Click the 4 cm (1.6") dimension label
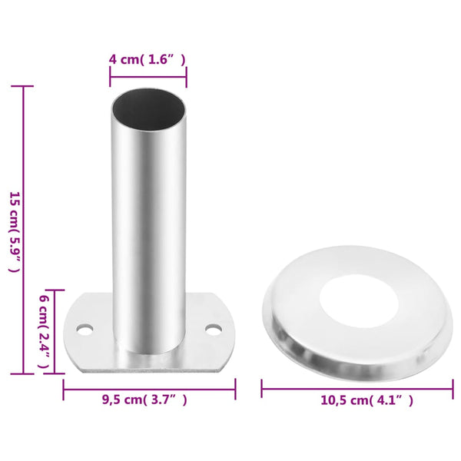(148, 58)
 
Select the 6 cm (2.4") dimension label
(44, 331)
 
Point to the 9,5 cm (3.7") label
(144, 400)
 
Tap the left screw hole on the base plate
(84, 329)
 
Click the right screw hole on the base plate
(213, 329)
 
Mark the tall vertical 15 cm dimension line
(23, 230)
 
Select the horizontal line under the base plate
(148, 389)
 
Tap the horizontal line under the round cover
(357, 389)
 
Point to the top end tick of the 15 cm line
(23, 86)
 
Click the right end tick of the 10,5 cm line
(453, 389)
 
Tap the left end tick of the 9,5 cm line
(63, 389)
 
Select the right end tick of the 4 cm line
(186, 75)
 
